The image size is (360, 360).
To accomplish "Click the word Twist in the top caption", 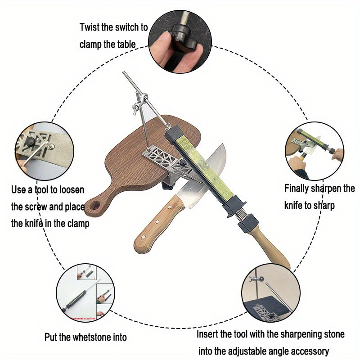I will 90,27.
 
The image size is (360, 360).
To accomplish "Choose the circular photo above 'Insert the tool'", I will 270,292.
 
